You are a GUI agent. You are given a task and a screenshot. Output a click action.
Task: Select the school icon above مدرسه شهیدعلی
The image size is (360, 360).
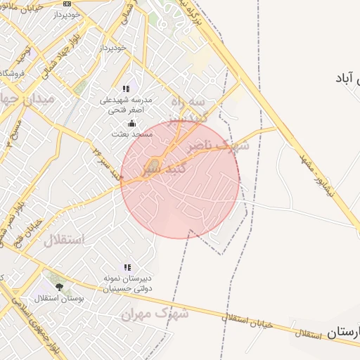pyautogui.click(x=127, y=89)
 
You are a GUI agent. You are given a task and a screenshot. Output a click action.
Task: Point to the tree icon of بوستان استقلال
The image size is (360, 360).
pyautogui.click(x=59, y=287)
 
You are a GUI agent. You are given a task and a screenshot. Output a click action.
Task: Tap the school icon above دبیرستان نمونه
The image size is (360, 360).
pyautogui.click(x=127, y=267)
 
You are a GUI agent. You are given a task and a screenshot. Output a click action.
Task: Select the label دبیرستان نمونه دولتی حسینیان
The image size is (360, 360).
pyautogui.click(x=127, y=283)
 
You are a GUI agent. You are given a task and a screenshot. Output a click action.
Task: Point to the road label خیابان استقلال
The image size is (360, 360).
pyautogui.click(x=247, y=321)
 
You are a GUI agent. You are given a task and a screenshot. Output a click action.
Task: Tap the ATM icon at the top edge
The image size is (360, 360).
pyautogui.click(x=67, y=4)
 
